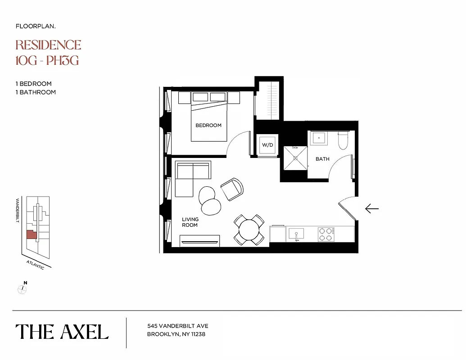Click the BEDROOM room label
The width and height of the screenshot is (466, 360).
[x=208, y=125]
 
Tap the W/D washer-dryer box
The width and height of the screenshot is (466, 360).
[x=267, y=145]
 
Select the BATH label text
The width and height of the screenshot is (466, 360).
[x=322, y=159]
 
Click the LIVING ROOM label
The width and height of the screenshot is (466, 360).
[x=190, y=222]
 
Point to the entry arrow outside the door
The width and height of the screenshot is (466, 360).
[x=371, y=208]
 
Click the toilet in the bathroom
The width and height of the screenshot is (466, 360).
[x=344, y=140]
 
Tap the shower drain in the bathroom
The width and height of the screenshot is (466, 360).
[x=295, y=158]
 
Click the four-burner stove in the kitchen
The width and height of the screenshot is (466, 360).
[x=326, y=234]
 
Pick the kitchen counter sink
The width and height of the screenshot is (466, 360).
[x=296, y=234]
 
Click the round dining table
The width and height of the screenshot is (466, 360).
[x=249, y=230]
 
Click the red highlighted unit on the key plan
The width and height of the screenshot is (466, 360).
[x=31, y=234]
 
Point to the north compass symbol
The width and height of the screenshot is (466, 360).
[x=22, y=289]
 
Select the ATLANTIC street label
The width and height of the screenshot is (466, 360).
[x=36, y=265]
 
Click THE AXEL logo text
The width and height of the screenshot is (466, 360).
[x=62, y=332]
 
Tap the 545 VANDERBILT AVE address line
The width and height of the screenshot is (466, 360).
[x=178, y=326]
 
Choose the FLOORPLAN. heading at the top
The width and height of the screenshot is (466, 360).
[x=36, y=26]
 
